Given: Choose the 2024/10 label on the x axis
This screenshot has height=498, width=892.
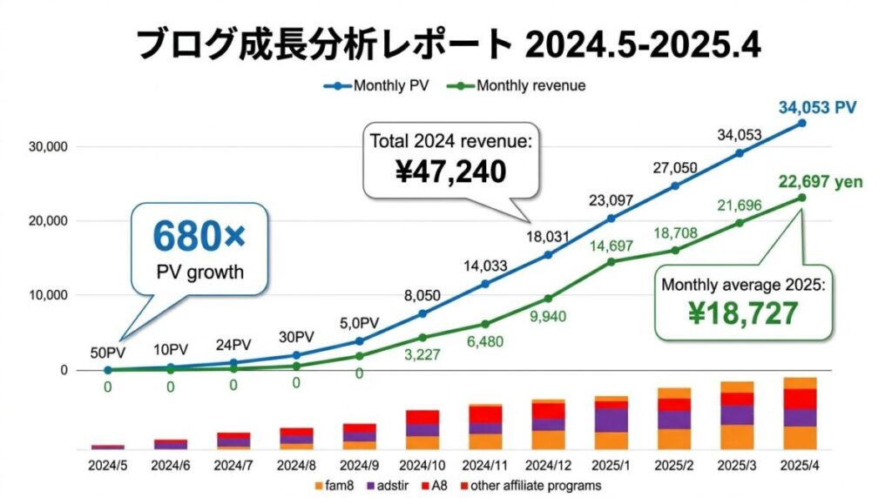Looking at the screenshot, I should coord(422,466).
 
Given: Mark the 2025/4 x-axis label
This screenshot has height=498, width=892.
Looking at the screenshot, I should coord(801,466).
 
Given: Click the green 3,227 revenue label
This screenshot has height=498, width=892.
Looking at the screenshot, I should coord(422,355).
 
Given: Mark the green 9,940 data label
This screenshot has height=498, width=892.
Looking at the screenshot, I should coord(548,316).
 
